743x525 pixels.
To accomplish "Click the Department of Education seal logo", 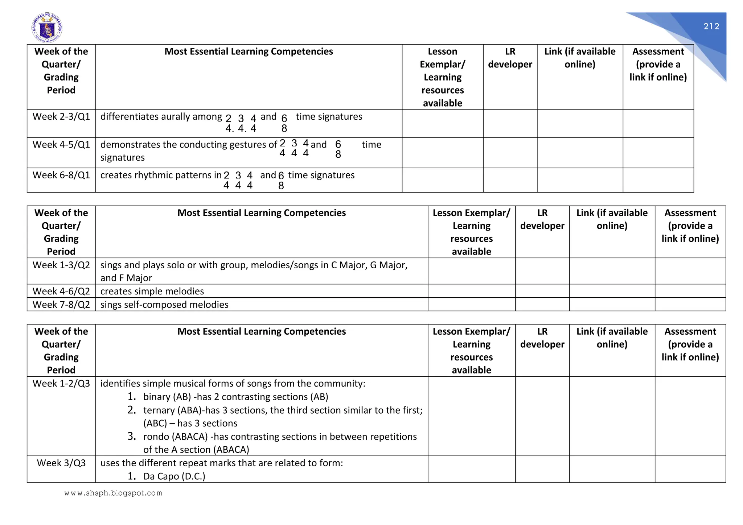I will coord(47,28).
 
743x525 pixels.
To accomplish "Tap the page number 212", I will coord(711,26).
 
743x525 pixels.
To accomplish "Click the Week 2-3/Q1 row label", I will coord(61,117).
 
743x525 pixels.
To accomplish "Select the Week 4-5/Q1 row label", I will coord(61,145).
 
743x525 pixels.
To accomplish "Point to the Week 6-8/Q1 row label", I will coord(61,175).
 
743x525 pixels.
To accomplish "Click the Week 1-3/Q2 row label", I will coord(61,265).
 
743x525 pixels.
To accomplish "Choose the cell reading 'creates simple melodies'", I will coord(152,291).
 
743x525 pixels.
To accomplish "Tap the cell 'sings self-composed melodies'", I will coord(164,305).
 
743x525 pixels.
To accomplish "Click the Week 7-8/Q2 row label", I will coord(61,305).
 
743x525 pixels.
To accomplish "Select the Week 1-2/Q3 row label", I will coord(61,384).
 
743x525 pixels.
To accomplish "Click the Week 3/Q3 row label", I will coord(61,463).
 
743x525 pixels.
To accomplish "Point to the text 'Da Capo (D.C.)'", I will coord(174,476).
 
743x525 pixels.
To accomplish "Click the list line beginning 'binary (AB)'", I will coord(235,397).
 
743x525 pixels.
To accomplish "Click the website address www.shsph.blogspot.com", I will coord(113,493).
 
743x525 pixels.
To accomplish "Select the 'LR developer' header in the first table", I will coord(510,58).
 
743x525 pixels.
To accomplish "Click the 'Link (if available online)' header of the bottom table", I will coord(612,338).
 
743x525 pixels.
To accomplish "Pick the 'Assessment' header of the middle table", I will coord(690,226).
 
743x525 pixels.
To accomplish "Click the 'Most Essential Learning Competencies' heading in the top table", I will coord(249,51).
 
